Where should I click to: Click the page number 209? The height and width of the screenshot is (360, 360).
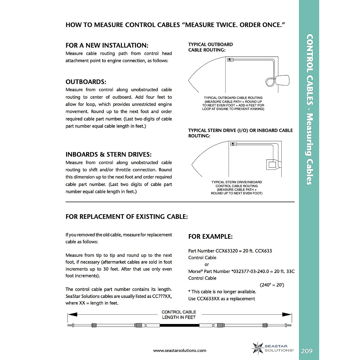coord(307,351)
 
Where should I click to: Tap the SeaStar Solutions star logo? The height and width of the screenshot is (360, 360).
coord(257,348)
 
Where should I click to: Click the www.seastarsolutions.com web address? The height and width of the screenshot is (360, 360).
coord(180,350)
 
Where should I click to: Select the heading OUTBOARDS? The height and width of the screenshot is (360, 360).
coord(86,82)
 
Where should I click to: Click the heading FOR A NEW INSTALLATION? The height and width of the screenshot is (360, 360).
coord(107,45)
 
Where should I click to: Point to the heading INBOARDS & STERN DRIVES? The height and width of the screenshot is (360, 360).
coord(109,154)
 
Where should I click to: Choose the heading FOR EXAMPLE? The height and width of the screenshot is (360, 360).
coord(210,236)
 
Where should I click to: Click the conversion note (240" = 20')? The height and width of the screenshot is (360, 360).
coord(271,285)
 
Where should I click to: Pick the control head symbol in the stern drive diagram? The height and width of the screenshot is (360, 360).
coord(233,144)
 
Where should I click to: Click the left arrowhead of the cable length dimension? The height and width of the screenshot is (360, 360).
coord(72,315)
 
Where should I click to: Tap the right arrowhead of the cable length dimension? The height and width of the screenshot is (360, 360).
coord(287,315)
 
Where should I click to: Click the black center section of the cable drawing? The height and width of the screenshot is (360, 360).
coord(179,325)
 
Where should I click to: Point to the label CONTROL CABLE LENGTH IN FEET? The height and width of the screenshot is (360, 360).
coord(179,315)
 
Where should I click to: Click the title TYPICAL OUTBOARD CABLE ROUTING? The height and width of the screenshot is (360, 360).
coord(210,47)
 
